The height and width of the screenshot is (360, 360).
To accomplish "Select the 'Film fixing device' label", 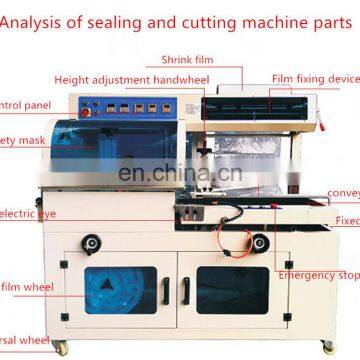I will coord(315,78).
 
